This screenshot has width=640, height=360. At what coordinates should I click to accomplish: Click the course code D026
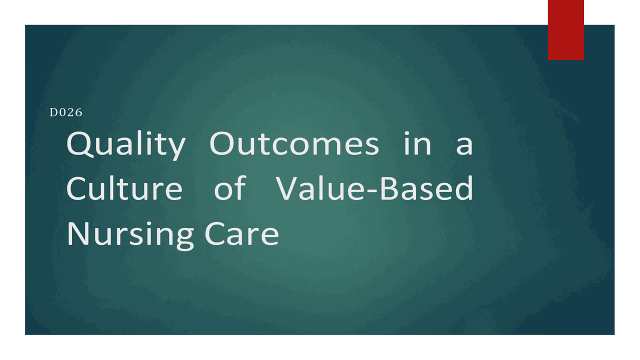coord(66,112)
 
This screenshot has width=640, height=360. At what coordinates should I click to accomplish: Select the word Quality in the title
coord(125,145)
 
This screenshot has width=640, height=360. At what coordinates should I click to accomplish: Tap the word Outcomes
coord(294,144)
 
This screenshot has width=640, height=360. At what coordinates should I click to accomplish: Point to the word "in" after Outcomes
coord(417,144)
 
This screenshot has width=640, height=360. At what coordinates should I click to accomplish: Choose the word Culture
coord(124,189)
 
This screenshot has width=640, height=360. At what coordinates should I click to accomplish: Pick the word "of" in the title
coord(230,189)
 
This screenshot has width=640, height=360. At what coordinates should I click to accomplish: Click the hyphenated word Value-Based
coord(374,189)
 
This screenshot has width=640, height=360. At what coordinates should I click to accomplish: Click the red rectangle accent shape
coord(565,29)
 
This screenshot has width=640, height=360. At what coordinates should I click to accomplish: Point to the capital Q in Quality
coord(80,145)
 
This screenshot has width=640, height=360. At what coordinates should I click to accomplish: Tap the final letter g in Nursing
coord(184,237)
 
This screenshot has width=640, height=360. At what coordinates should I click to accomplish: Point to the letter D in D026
coord(53,112)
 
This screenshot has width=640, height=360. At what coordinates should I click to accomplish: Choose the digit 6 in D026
coord(78,112)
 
